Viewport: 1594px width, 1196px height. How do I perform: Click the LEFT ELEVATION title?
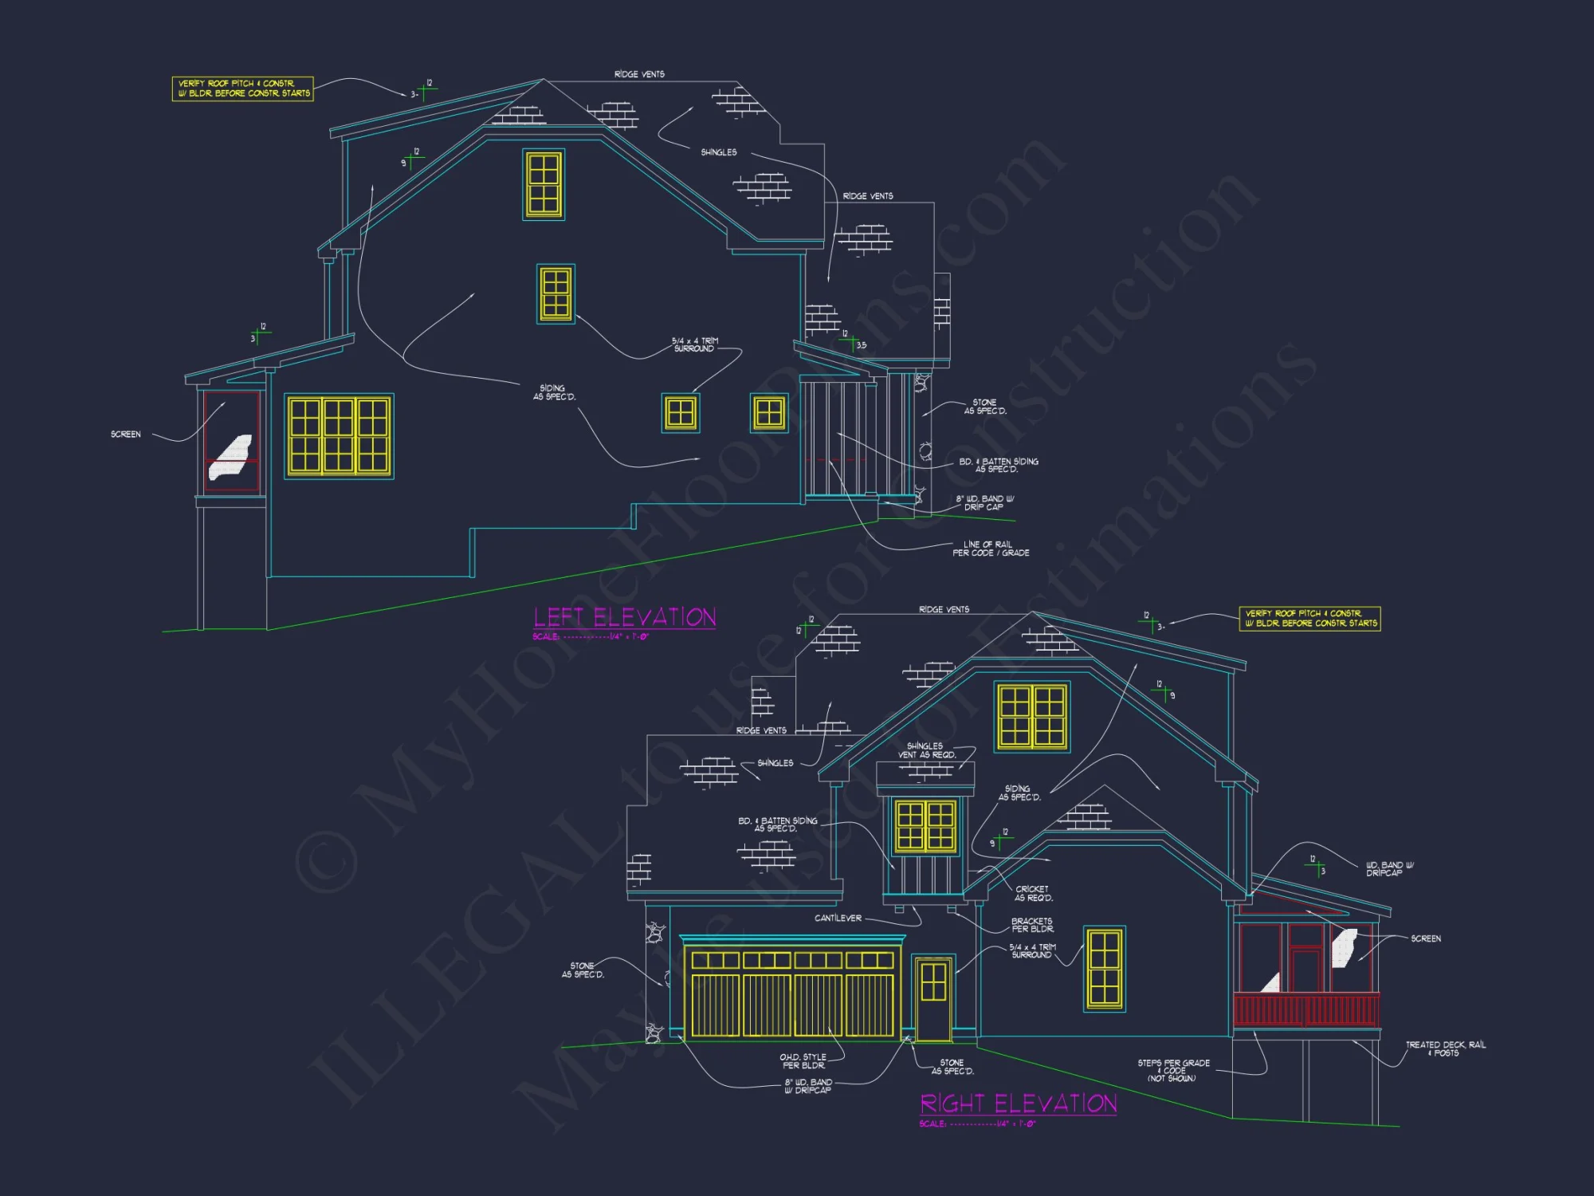click(624, 617)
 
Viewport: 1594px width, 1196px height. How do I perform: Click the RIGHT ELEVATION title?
click(1018, 1104)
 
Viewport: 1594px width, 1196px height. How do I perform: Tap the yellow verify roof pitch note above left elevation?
click(242, 89)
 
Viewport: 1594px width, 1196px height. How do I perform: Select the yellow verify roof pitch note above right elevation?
click(1309, 619)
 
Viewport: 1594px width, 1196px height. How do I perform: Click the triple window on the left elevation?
click(339, 436)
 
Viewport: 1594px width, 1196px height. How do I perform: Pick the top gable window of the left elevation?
click(544, 184)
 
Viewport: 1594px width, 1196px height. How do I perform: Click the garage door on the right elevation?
click(792, 993)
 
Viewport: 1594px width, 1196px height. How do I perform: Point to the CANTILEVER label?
click(838, 919)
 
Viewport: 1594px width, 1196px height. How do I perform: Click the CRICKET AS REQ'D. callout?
click(1033, 894)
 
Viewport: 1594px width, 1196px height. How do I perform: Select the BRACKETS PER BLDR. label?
click(1032, 925)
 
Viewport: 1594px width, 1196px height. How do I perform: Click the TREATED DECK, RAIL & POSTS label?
click(1445, 1048)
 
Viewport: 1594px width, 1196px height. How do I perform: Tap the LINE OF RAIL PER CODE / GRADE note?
click(991, 549)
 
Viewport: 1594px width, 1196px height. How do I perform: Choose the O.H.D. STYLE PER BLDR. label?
click(803, 1061)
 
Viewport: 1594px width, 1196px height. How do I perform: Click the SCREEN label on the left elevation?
click(126, 435)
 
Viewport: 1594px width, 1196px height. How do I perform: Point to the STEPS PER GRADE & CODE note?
click(1173, 1070)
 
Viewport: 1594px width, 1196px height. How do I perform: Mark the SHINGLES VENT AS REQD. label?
click(926, 750)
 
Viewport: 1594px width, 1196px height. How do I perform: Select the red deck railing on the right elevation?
click(1306, 1009)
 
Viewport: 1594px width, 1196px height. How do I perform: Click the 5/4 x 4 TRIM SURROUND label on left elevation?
click(694, 344)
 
